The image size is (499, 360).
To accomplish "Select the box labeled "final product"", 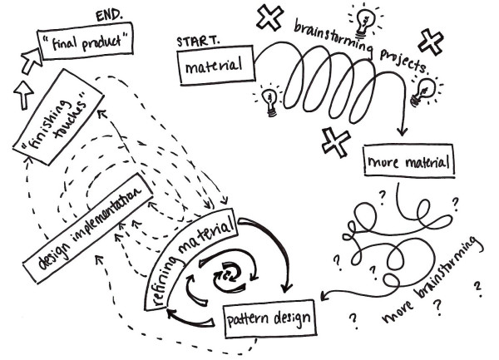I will pos(85,38).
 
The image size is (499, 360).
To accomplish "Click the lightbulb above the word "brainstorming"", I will pos(367,18).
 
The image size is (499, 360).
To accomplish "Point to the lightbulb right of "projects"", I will pos(428,86).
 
